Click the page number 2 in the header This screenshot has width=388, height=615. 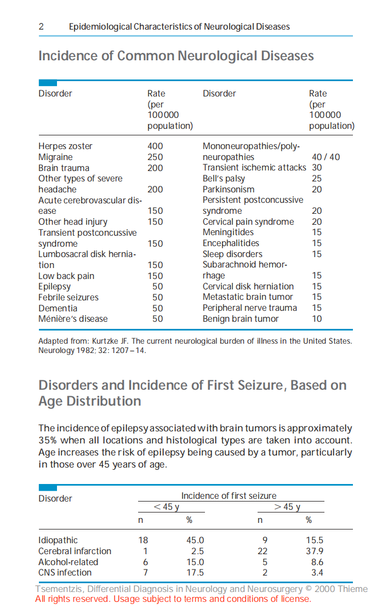41,26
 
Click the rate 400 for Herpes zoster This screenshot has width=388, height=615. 155,146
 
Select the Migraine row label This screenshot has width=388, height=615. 55,157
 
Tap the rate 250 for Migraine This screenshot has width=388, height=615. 155,157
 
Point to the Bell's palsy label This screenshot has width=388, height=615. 224,179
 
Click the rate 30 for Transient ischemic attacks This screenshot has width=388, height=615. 317,168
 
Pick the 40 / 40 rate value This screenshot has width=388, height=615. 326,157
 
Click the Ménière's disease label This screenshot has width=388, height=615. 73,319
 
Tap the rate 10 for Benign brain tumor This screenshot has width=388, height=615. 317,319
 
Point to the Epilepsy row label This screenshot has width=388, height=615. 54,287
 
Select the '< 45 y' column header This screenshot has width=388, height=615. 167,507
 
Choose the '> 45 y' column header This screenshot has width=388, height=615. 287,507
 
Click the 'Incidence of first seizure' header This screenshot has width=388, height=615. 229,496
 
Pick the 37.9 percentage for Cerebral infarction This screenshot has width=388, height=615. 315,551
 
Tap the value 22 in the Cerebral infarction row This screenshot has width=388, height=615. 263,551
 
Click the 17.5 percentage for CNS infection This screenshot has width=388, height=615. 195,573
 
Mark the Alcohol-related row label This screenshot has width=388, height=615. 68,562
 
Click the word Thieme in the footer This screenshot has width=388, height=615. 354,589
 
